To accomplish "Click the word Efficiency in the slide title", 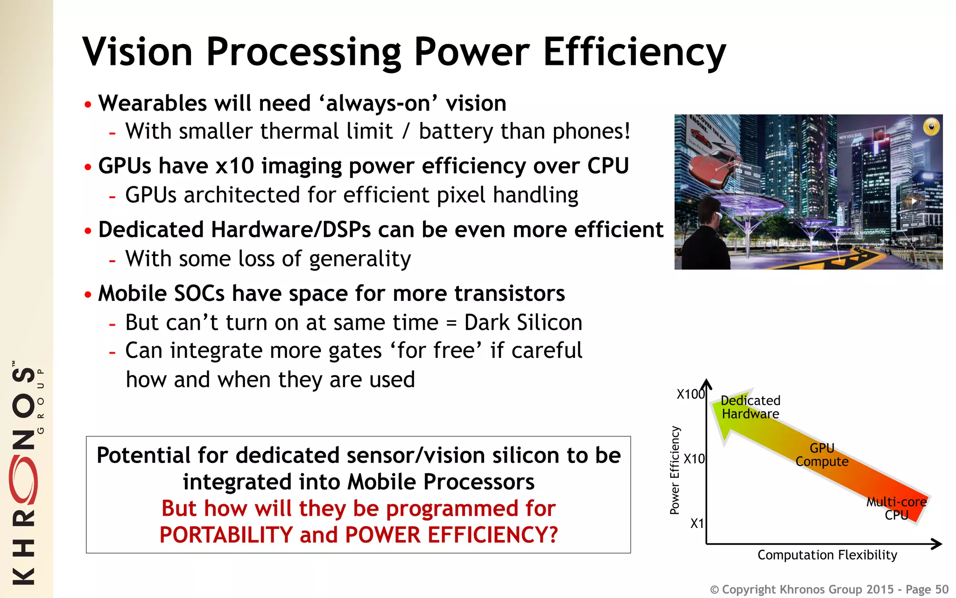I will point(634,52).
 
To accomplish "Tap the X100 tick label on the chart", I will point(690,394).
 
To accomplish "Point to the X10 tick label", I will point(694,459).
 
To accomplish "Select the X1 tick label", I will point(697,523).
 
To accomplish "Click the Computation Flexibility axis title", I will point(827,555).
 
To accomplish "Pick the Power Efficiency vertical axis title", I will point(675,470).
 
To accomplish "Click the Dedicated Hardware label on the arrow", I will point(750,407).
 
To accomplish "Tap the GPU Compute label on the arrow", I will point(822,455).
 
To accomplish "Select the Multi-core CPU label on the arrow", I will point(896,508).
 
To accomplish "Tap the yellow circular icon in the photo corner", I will point(931,127).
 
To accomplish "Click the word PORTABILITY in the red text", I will point(226,535).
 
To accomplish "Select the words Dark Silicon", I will point(523,322).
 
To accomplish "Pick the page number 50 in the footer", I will point(942,590).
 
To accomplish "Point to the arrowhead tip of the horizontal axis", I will point(940,544).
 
